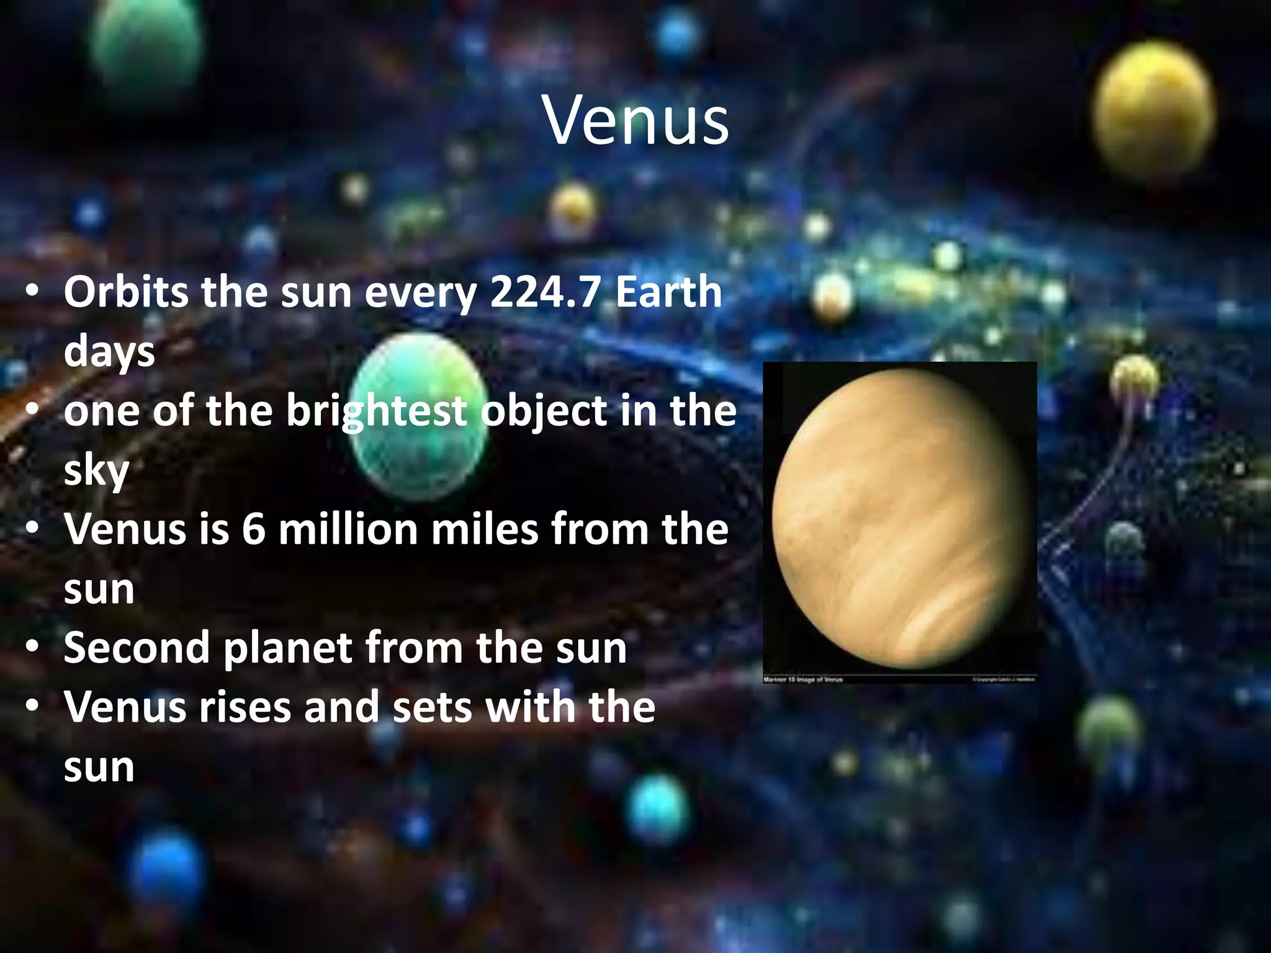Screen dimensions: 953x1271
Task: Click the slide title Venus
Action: click(x=635, y=120)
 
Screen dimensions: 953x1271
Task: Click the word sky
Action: click(x=96, y=470)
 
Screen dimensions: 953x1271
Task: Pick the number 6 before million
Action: click(x=253, y=530)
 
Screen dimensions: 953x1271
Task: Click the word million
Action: click(x=348, y=530)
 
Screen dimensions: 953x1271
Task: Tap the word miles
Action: click(x=485, y=530)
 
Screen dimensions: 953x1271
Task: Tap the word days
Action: click(x=109, y=352)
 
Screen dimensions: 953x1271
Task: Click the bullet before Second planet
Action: click(x=33, y=648)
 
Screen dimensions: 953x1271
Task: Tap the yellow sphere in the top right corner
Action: click(x=1153, y=112)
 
